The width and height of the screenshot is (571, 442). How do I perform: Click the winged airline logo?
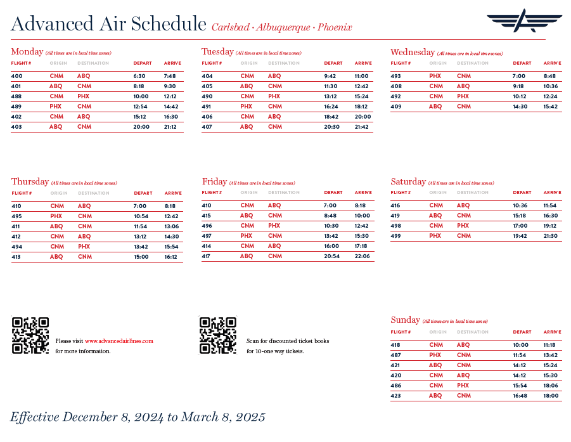click(523, 21)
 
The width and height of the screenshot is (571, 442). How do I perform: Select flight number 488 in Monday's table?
click(16, 96)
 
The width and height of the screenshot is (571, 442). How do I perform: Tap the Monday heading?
click(27, 51)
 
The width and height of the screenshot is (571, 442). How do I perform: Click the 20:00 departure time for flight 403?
click(141, 127)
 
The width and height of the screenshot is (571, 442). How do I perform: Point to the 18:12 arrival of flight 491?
click(361, 107)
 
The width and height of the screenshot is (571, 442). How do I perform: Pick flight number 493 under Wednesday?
click(396, 76)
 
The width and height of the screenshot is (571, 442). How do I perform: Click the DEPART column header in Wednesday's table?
click(522, 63)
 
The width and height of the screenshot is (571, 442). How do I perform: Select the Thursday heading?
click(30, 181)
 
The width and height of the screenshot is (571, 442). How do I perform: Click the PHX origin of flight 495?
click(56, 216)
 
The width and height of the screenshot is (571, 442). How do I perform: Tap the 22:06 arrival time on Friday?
click(362, 256)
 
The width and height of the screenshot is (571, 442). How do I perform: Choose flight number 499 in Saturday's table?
click(396, 236)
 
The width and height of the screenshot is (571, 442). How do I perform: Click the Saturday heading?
click(408, 181)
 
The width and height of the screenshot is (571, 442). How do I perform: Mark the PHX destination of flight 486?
click(463, 386)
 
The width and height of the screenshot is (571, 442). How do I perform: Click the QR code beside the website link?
click(30, 335)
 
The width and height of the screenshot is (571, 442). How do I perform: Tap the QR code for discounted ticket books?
click(218, 335)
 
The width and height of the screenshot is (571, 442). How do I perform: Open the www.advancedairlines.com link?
click(119, 341)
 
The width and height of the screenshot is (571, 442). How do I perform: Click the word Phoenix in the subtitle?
click(335, 27)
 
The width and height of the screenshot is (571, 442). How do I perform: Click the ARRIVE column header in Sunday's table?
click(552, 332)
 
